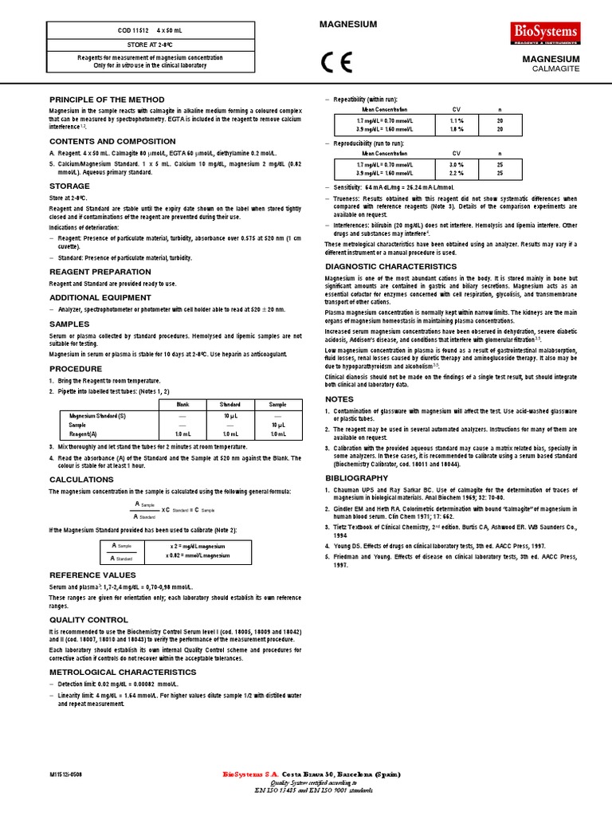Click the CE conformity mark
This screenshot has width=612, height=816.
(334, 64)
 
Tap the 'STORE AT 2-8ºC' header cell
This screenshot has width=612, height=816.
(150, 45)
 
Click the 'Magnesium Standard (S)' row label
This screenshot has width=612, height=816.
(97, 416)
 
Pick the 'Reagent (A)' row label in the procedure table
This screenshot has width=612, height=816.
(84, 433)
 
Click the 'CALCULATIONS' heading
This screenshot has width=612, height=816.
(82, 480)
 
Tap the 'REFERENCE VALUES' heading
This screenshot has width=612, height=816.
(92, 575)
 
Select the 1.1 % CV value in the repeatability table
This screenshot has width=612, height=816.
(457, 118)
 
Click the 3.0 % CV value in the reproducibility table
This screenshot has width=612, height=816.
(457, 163)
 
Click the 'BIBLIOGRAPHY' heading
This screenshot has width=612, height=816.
(357, 477)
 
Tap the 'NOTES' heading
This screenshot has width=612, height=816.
(339, 398)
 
